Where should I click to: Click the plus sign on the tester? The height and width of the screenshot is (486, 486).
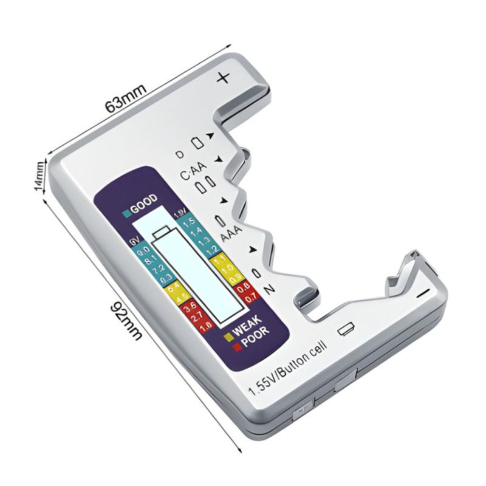pos(224,78)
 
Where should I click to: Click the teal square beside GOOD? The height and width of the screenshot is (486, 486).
pos(126,212)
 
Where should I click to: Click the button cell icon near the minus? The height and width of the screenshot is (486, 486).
pos(347,329)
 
